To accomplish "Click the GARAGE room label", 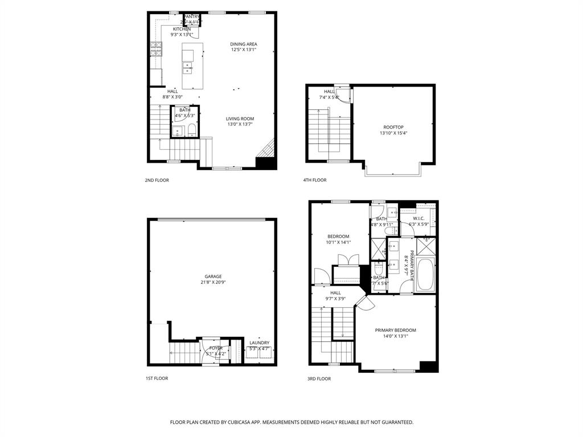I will point(214,277).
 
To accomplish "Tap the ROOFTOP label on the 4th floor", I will point(393,127).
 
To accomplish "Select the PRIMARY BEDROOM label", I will point(395,330).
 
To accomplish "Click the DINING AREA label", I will point(244,44).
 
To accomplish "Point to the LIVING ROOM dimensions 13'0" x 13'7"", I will point(240,124).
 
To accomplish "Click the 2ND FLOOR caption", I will point(157,180).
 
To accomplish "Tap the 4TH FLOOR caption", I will point(315,180).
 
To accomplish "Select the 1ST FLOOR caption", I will point(157,378).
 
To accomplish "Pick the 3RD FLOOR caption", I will point(319,378).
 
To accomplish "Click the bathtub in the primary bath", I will point(425,275).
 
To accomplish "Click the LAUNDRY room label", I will point(259,343).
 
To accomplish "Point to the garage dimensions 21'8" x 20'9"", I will point(214,282).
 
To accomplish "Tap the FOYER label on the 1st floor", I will point(216,348).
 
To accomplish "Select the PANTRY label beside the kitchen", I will point(192,17).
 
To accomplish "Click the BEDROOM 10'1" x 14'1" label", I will point(338,236).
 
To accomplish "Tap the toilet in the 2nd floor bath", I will point(191,131).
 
